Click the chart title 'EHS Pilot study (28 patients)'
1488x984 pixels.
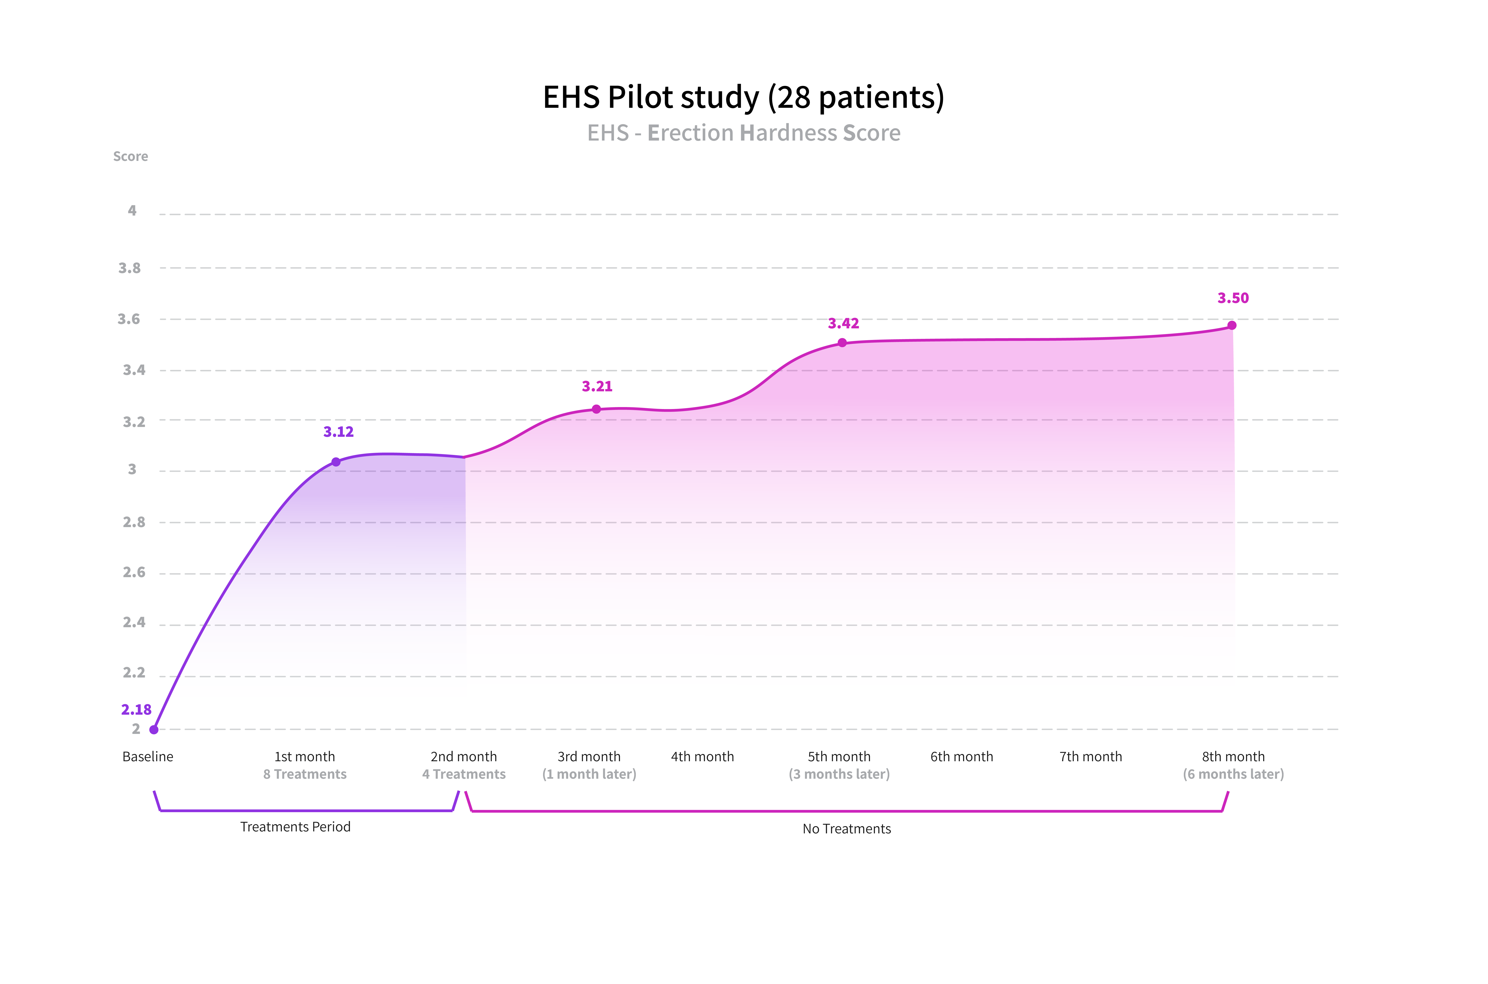743,97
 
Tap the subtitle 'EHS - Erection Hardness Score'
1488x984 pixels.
743,133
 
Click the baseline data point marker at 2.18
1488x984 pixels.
154,729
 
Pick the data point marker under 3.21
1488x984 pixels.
597,409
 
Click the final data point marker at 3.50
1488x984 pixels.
1232,325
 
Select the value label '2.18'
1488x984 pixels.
136,710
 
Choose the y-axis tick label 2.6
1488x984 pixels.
134,572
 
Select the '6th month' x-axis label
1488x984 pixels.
962,757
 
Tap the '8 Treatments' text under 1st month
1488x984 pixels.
305,774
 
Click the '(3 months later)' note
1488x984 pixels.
839,774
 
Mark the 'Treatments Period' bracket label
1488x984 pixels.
295,827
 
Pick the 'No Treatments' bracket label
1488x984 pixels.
847,829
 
